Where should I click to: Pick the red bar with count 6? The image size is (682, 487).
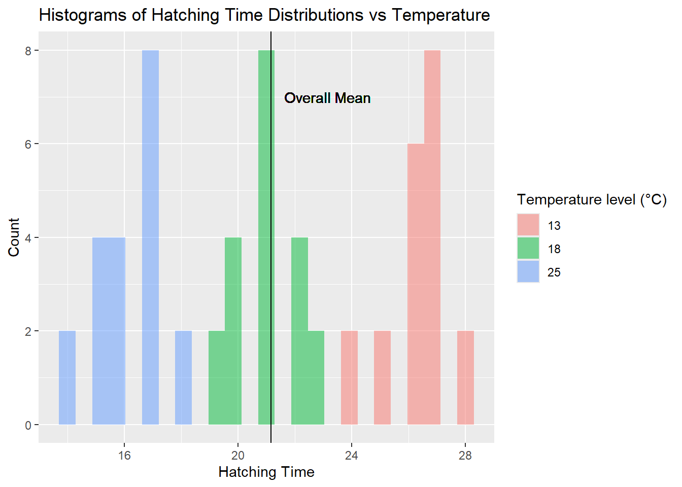coord(416,284)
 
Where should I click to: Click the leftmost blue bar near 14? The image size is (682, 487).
coord(67,377)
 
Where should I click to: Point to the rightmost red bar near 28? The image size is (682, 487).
coord(465,377)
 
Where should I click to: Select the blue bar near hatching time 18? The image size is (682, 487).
coord(183,377)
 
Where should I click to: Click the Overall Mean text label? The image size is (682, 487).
coord(327,98)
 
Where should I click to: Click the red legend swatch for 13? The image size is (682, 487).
coord(528,225)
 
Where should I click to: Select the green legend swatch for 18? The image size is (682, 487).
coord(528,249)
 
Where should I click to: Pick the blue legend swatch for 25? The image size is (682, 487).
coord(528,272)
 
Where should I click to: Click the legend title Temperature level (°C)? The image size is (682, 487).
coord(592,200)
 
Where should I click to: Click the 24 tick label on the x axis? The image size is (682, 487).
coord(351,456)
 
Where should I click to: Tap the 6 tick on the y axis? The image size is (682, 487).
coord(28,144)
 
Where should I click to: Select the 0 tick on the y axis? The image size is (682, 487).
coord(28,425)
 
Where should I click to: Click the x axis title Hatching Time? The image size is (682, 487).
coord(266,472)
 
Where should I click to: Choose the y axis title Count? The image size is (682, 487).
coord(14,237)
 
